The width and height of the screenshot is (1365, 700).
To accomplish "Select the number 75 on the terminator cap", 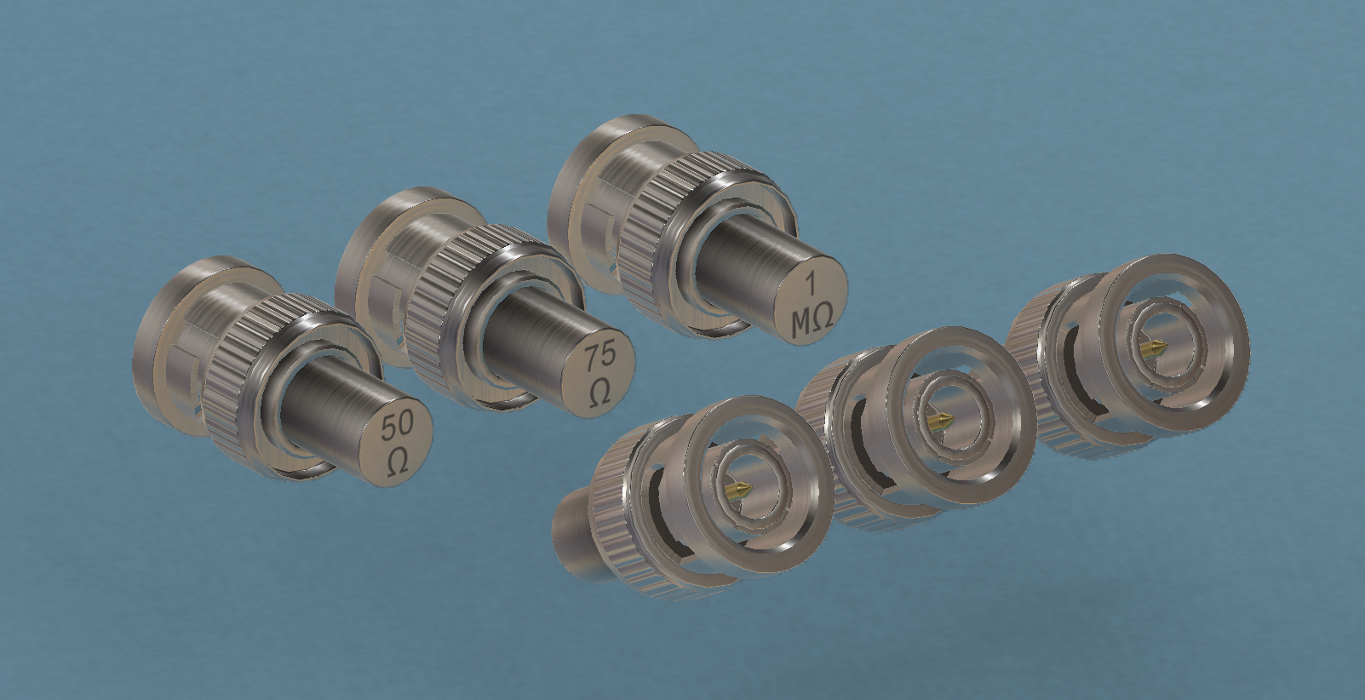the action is tap(600, 357).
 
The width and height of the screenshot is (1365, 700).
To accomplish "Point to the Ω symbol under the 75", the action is tap(600, 392).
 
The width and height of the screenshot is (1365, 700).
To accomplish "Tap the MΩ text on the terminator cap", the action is tap(812, 322).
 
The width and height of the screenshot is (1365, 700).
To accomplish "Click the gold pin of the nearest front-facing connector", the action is tap(740, 489).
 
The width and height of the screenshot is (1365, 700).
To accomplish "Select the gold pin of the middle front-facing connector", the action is tap(940, 421).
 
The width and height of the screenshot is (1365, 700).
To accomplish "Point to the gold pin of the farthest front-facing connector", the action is tap(1154, 348).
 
